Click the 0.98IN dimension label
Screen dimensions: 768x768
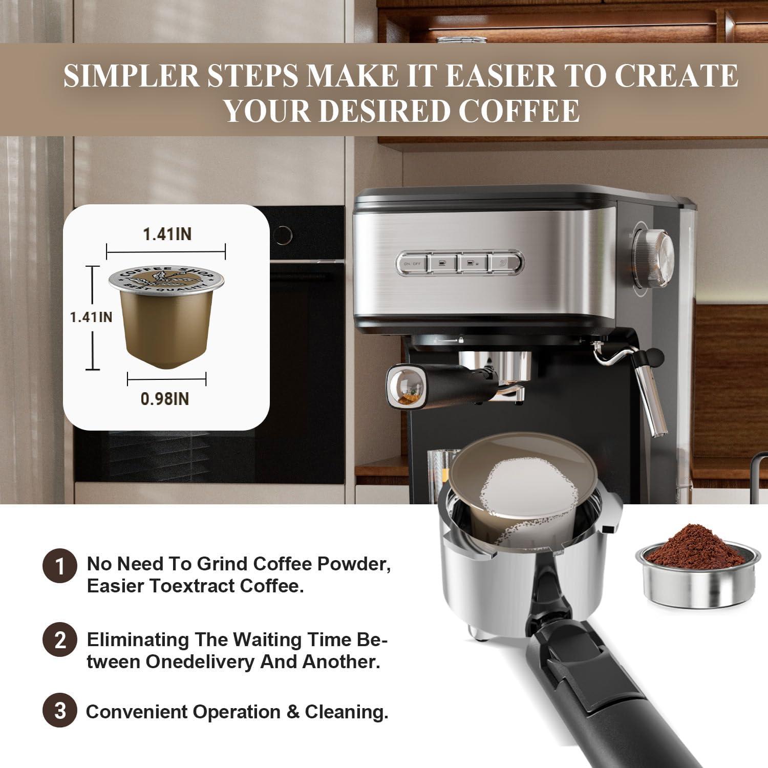[165, 398]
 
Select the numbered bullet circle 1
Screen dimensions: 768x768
[60, 566]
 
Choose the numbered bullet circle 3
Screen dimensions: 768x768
[60, 711]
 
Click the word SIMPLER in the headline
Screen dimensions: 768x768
[131, 75]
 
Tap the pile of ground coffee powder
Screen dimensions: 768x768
[695, 545]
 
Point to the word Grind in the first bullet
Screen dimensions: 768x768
[223, 564]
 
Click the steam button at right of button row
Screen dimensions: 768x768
[503, 263]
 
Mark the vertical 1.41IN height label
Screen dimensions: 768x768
[91, 317]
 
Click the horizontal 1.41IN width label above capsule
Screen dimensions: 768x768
[167, 234]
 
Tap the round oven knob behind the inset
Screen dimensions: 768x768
[281, 234]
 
